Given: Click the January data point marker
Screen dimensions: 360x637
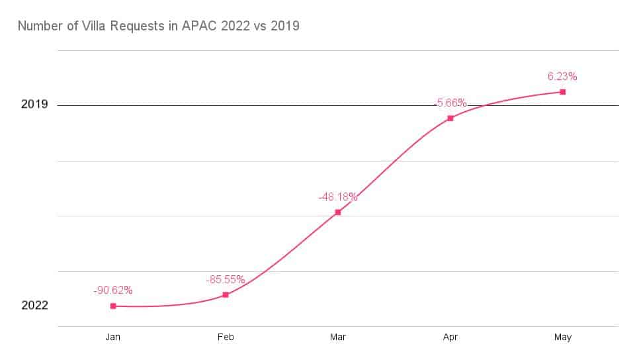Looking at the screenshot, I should pos(113,306).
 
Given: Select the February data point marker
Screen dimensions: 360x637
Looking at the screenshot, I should pos(226,294).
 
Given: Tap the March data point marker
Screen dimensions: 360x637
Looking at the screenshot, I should pos(338,212).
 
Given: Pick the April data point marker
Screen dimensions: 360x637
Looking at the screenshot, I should pos(450,118).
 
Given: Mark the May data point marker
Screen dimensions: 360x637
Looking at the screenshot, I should pos(563,91).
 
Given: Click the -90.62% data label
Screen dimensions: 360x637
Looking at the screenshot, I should pos(113,290).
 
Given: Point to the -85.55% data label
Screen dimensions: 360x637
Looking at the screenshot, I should pos(226,279).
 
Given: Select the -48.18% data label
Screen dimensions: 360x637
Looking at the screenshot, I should pos(338,197).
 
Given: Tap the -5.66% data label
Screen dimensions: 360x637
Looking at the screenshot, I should pos(450,103).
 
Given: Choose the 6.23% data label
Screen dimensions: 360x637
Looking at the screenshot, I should pos(563,76).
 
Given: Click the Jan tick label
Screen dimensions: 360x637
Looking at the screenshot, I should pos(113,337).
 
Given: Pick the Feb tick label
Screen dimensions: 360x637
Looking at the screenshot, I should pos(226,337).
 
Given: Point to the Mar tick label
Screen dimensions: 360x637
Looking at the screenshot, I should pos(338,337).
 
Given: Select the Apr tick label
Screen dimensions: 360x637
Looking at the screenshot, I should pos(450,337).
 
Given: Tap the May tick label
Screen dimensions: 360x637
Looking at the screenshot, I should pos(563,337).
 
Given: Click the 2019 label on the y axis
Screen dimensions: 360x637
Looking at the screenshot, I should pos(34,105).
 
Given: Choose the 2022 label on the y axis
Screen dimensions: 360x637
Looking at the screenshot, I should pos(34,306).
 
